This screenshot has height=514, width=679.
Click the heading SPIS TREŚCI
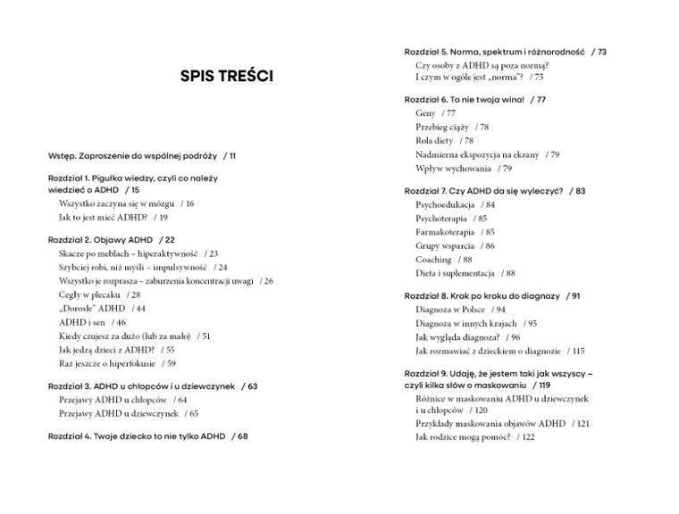[x=227, y=78]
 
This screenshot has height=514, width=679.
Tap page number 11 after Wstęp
[x=232, y=155]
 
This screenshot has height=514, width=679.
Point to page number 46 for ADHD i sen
[x=121, y=321]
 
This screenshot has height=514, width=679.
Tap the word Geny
[x=425, y=113]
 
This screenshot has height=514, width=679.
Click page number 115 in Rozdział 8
[x=578, y=351]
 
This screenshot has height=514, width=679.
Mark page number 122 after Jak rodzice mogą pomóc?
[x=528, y=436]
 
